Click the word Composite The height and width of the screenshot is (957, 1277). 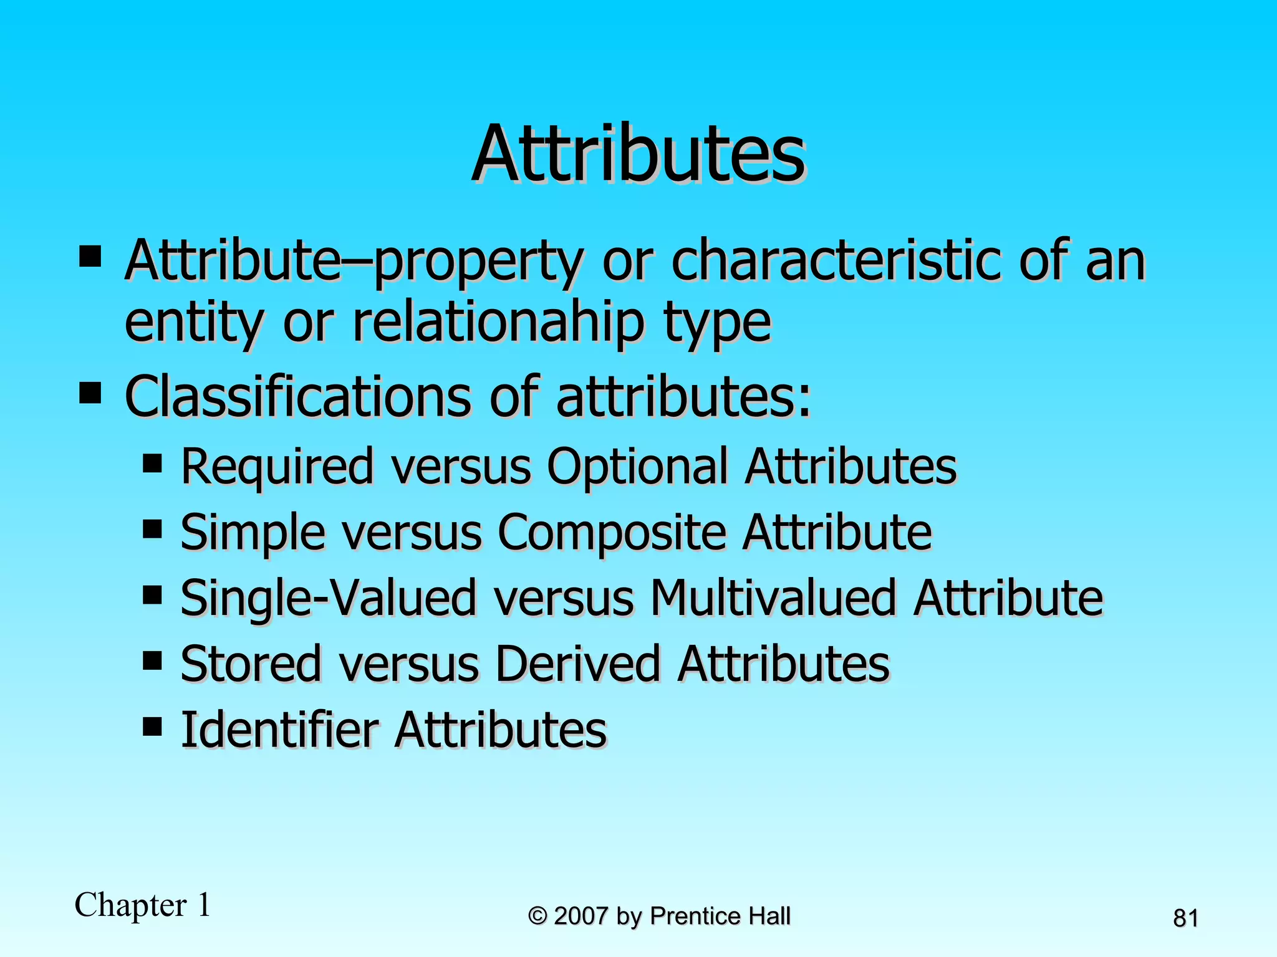(x=612, y=533)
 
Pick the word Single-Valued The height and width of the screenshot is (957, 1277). (x=328, y=598)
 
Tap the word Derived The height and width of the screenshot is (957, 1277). (x=577, y=664)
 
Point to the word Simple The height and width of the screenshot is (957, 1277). (x=253, y=533)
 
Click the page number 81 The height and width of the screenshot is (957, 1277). (x=1185, y=918)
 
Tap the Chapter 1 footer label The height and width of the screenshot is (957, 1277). (x=143, y=905)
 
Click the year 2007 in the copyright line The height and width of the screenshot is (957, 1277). (x=581, y=917)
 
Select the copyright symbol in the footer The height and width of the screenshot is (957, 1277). (x=537, y=917)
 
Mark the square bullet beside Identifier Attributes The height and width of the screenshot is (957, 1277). (x=152, y=726)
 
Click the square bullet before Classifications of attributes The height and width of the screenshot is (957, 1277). (x=90, y=393)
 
